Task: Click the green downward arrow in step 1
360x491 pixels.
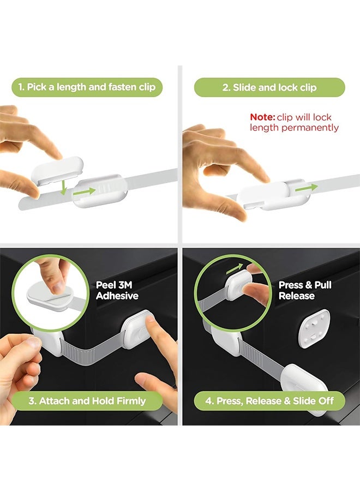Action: [x=64, y=187]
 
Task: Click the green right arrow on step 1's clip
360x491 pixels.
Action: [x=84, y=191]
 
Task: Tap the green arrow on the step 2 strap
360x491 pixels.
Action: [x=306, y=187]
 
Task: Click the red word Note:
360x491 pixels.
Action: [x=262, y=117]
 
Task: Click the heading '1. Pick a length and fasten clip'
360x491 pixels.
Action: [x=87, y=87]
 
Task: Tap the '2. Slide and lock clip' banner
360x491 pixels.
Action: [x=269, y=87]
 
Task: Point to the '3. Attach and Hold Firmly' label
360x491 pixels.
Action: [x=87, y=401]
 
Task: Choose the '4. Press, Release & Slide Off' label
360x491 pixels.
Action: [x=269, y=401]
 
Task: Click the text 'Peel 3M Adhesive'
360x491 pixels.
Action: [x=117, y=290]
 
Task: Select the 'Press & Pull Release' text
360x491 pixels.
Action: [x=305, y=290]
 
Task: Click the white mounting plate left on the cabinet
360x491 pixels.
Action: [x=314, y=328]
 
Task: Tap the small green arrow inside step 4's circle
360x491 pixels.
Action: [x=235, y=268]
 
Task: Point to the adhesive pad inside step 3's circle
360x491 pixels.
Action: [x=50, y=295]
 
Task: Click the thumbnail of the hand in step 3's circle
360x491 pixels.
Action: [x=58, y=286]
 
